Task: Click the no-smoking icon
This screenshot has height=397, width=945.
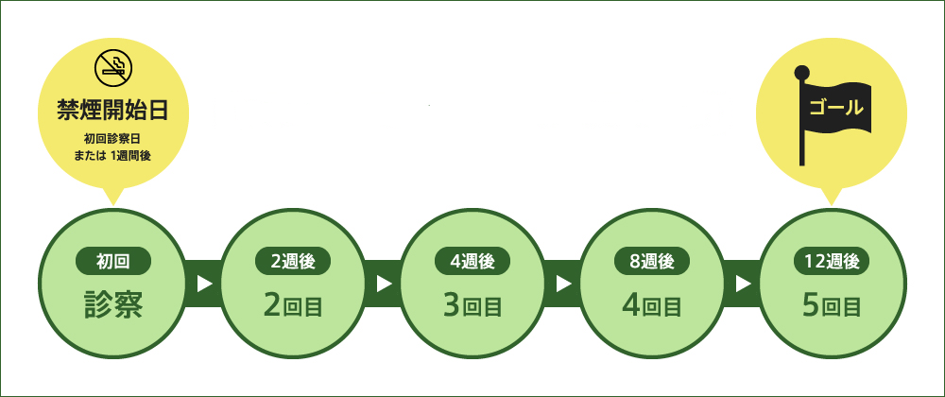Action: click(113, 67)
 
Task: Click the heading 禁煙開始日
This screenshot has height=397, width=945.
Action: click(112, 111)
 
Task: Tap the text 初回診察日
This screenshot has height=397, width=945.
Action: click(112, 140)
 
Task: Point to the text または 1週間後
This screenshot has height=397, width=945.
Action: click(112, 155)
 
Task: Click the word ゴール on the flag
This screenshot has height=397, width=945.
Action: click(836, 109)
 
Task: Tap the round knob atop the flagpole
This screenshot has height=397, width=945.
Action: click(801, 72)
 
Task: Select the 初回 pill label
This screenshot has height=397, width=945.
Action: click(113, 262)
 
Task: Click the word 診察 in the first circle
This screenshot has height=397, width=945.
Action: click(113, 304)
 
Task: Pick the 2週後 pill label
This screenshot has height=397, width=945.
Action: click(293, 262)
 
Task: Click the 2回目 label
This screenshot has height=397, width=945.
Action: click(293, 306)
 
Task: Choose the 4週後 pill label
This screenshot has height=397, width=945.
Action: click(472, 262)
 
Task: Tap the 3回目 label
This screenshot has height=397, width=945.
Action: click(472, 306)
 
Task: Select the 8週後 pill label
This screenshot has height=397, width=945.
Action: click(652, 262)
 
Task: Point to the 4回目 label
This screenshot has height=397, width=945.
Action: click(652, 306)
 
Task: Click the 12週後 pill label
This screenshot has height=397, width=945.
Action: click(832, 262)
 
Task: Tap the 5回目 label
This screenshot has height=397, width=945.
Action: click(832, 306)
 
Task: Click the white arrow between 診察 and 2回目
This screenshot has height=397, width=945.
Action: click(205, 284)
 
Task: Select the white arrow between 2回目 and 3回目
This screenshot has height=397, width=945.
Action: click(384, 284)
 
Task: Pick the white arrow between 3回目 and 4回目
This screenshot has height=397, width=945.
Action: click(563, 284)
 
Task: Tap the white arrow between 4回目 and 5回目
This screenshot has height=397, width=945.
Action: click(743, 284)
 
